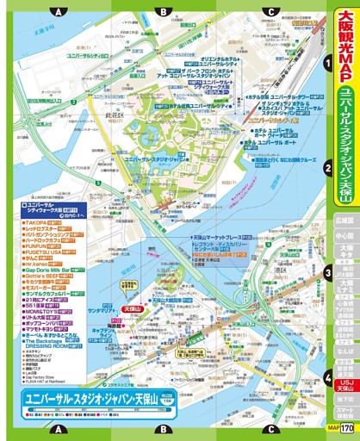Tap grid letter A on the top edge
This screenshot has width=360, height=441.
57,12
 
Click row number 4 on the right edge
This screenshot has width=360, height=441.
327,376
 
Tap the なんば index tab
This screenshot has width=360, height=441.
345,352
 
